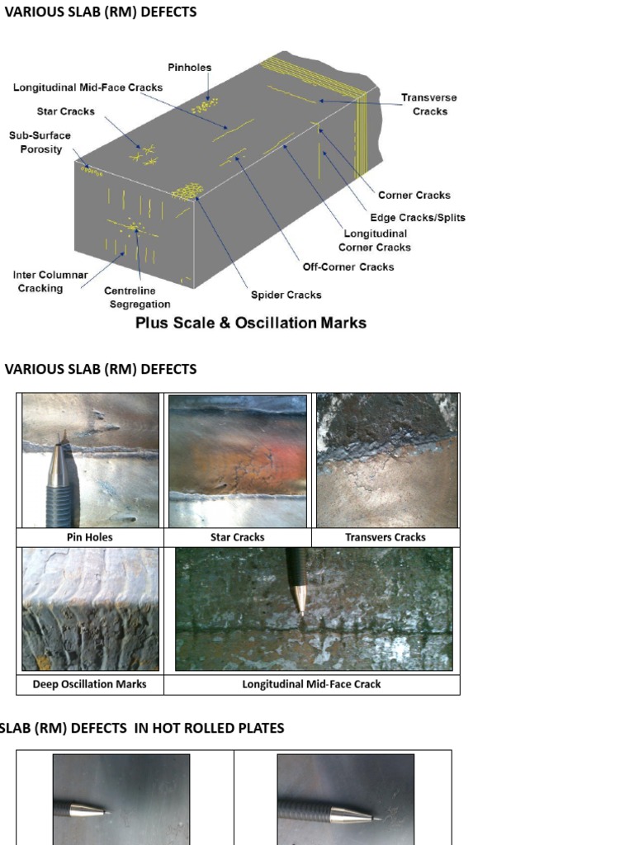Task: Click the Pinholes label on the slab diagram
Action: pos(189,68)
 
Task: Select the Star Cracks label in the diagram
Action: pos(65,111)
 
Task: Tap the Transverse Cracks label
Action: pos(428,104)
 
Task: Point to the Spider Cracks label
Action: pos(286,295)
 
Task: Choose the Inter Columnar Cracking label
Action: pos(50,281)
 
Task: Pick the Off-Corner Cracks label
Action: pos(348,267)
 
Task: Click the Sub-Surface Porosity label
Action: pos(40,143)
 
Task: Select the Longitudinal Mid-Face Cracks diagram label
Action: pos(88,87)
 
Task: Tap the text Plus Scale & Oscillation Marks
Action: pos(250,323)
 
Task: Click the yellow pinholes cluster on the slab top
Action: pos(205,106)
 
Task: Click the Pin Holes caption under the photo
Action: pos(89,537)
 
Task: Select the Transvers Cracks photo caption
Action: pos(385,537)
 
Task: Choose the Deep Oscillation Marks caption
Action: pos(89,684)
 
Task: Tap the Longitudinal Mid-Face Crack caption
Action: pos(311,684)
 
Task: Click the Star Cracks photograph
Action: pos(238,460)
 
